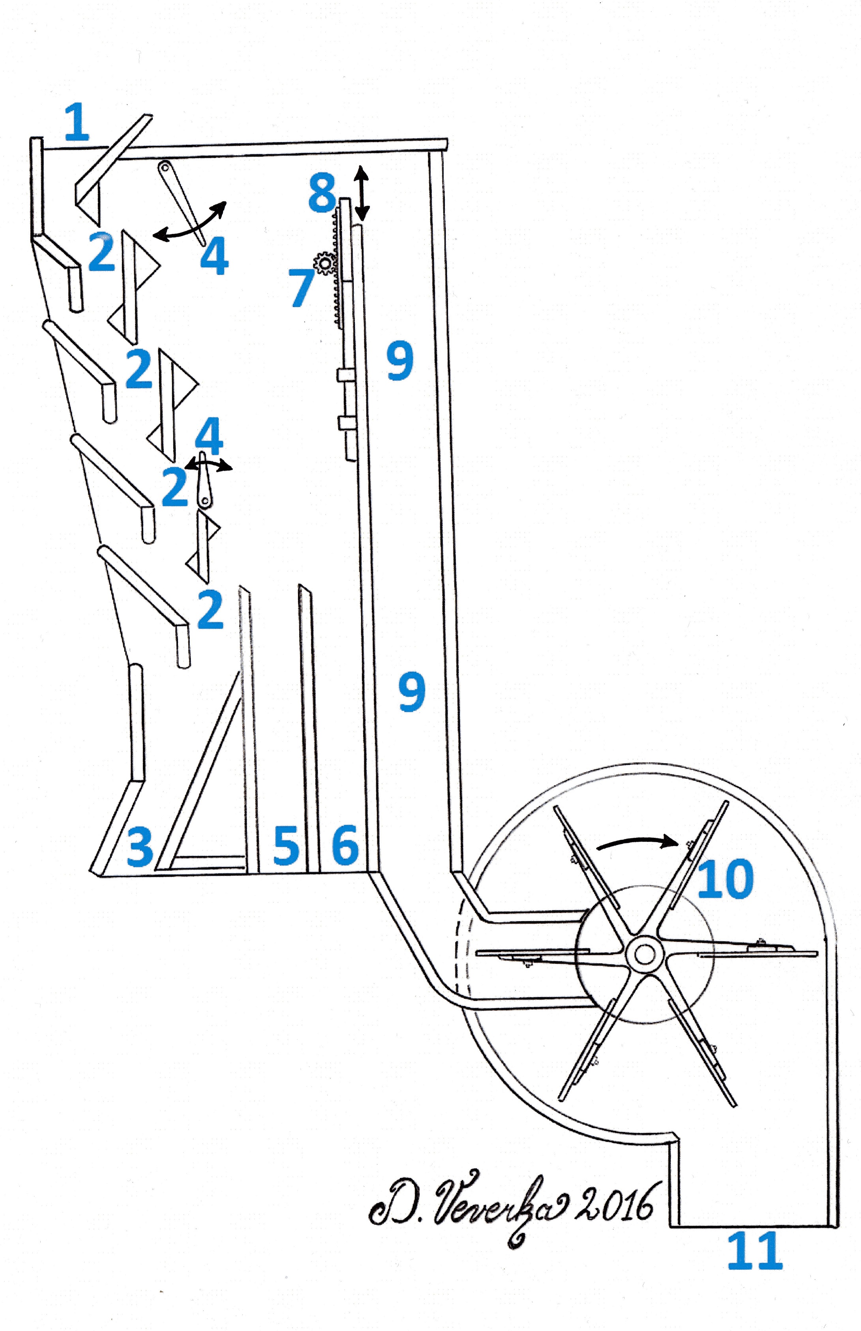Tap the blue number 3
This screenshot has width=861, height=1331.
tap(140, 847)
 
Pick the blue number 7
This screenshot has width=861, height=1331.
tap(302, 287)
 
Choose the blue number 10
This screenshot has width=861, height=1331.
tap(725, 879)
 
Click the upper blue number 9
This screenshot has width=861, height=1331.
tap(400, 362)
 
